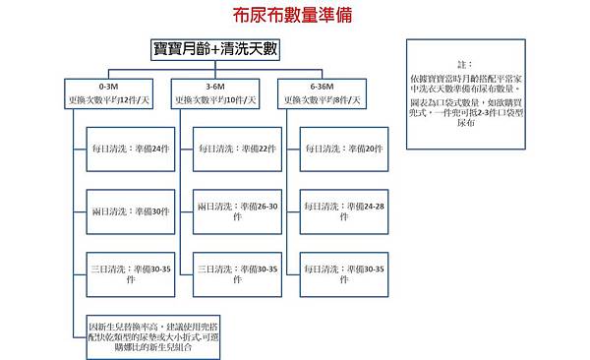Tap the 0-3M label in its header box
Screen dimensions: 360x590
coord(109,87)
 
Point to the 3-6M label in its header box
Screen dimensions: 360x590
coord(215,87)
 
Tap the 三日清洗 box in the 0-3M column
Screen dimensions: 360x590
coord(125,272)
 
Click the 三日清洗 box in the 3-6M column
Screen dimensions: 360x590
coord(233,272)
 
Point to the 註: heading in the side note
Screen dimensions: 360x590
coord(464,62)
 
